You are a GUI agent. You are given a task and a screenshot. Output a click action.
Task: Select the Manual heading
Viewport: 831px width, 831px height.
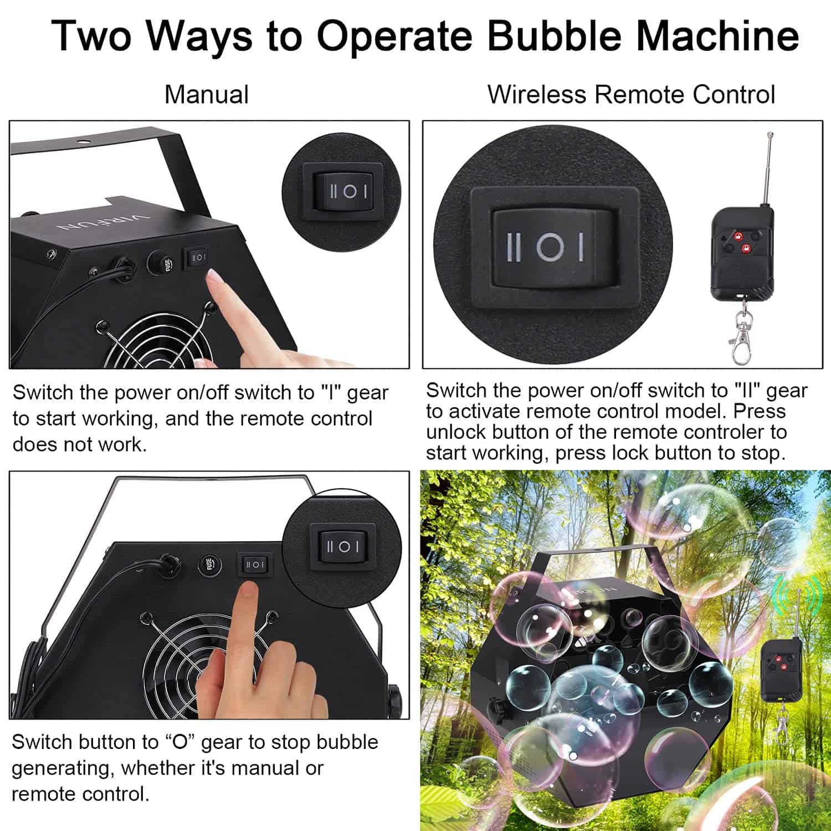click(207, 94)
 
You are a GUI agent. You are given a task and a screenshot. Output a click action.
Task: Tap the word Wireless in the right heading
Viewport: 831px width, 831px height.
click(536, 94)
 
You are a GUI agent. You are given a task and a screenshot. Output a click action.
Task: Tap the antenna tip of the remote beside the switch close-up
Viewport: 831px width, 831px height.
click(770, 134)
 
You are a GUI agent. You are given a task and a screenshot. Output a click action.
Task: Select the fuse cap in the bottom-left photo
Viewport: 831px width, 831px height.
click(209, 565)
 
